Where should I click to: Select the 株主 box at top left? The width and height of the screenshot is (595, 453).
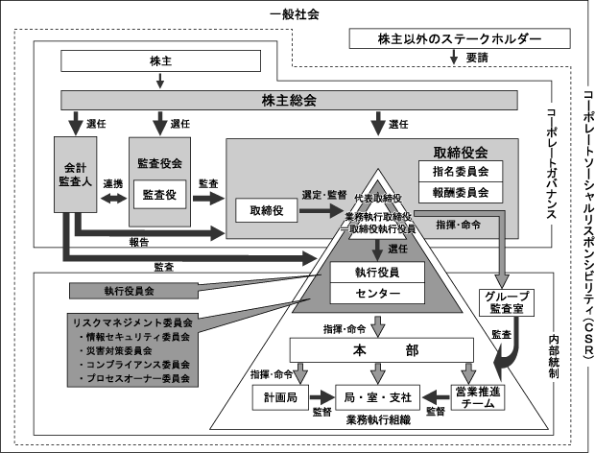pyautogui.click(x=160, y=60)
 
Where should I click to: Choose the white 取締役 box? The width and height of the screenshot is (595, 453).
pyautogui.click(x=265, y=209)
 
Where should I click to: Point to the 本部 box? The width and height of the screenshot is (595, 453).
pyautogui.click(x=384, y=351)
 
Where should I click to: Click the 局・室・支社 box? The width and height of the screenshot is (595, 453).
pyautogui.click(x=380, y=395)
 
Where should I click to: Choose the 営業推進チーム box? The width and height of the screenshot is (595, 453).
pyautogui.click(x=476, y=395)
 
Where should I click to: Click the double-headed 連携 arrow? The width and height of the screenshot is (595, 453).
pyautogui.click(x=113, y=198)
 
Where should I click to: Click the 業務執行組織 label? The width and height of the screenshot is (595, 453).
pyautogui.click(x=380, y=421)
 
